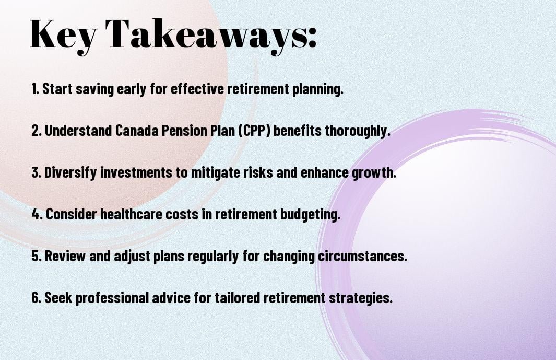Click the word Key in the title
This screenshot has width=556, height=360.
point(63,34)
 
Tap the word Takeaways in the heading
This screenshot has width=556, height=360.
point(207,34)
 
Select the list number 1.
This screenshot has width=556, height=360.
point(35,89)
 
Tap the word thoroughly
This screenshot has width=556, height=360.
point(358,131)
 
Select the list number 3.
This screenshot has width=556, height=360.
point(37,172)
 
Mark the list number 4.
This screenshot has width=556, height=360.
point(37,214)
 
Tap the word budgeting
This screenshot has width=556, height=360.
point(310,214)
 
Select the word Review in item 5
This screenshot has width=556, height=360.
point(65,256)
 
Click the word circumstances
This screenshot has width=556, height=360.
point(362,256)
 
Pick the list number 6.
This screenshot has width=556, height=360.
point(37,297)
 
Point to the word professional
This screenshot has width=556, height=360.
point(112,298)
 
